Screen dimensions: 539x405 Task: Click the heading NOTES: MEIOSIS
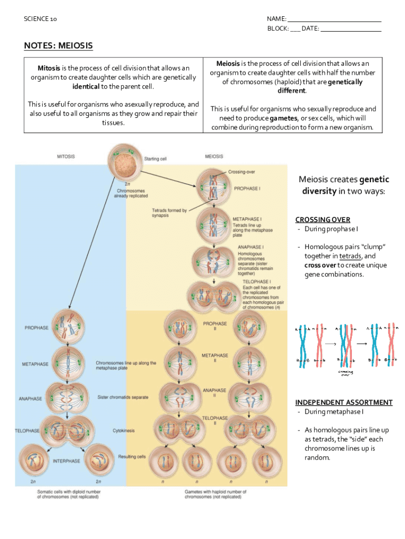58,46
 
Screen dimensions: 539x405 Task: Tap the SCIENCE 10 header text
40,19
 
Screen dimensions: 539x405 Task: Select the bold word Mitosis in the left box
49,68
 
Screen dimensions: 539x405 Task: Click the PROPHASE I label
247,188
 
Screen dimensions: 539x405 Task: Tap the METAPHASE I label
247,218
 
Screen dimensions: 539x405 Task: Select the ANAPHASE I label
250,246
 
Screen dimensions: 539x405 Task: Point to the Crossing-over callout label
242,172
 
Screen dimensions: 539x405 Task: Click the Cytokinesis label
124,431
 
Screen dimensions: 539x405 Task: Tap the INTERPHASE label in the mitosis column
66,461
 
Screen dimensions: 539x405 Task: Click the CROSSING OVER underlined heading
322,219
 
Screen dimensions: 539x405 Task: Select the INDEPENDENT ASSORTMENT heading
343,402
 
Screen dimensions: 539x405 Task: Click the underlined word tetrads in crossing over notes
350,256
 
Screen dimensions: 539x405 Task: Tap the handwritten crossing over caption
345,373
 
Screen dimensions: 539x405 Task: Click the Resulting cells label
132,456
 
